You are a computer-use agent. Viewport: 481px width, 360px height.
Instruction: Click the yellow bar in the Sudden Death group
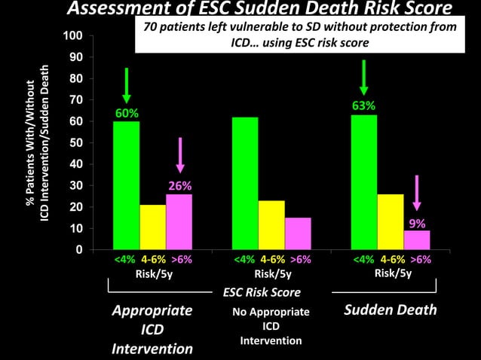(391, 221)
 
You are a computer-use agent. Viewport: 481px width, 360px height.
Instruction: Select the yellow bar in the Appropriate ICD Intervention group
(153, 227)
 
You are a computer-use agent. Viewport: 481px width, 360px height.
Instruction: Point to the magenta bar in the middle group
(298, 233)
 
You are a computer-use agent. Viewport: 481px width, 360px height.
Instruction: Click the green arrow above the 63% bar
(364, 78)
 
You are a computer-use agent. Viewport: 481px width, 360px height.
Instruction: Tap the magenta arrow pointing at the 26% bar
(179, 158)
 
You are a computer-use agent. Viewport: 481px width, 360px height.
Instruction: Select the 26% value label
(179, 185)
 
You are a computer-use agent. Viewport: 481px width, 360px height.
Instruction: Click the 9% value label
(417, 224)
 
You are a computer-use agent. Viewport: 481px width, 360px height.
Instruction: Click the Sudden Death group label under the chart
(391, 310)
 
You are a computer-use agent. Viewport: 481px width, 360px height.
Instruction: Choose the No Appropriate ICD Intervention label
(271, 326)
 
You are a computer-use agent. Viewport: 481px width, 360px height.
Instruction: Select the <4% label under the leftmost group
(124, 259)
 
